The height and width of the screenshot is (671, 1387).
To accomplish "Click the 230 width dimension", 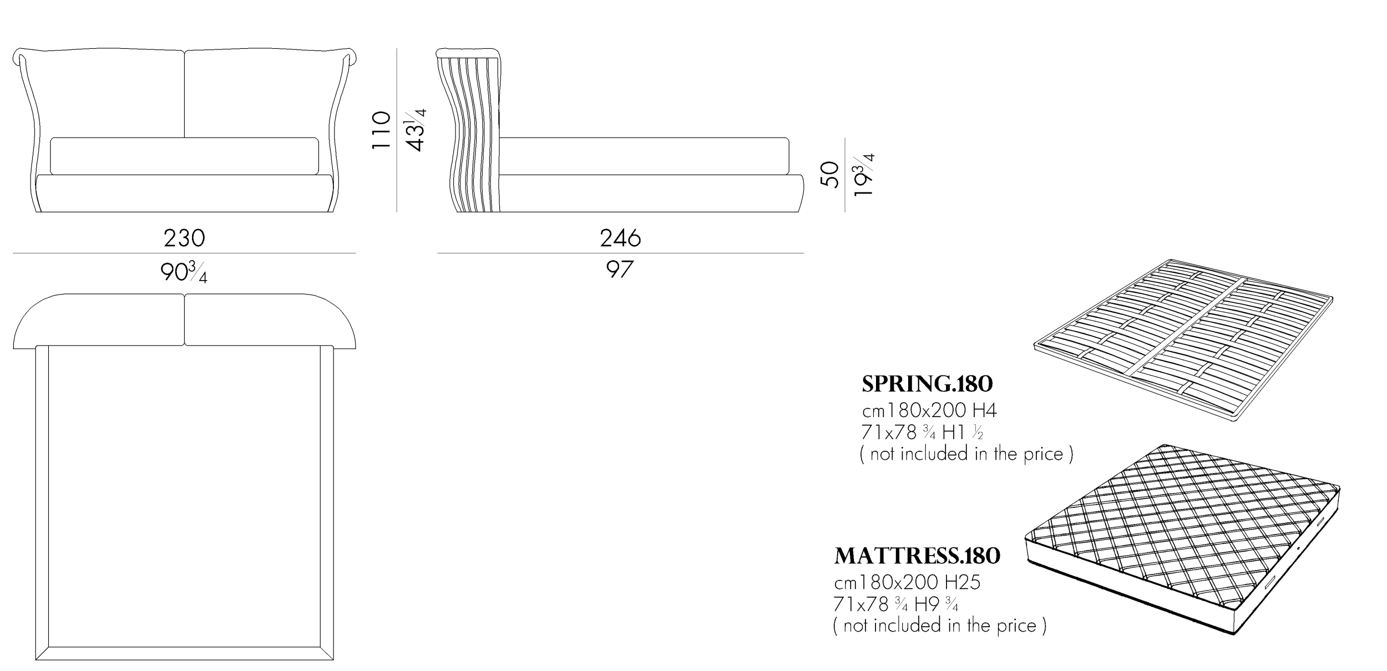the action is pyautogui.click(x=184, y=238).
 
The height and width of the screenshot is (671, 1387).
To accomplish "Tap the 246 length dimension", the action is pyautogui.click(x=620, y=238).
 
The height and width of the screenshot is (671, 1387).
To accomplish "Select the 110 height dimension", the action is pyautogui.click(x=381, y=129).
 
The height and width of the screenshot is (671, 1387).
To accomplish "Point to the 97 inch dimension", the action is pyautogui.click(x=619, y=270).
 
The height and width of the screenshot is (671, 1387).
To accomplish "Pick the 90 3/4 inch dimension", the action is pyautogui.click(x=184, y=272).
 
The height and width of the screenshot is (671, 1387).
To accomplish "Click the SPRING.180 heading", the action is pyautogui.click(x=927, y=384).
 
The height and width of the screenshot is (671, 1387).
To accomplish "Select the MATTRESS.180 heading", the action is pyautogui.click(x=917, y=556).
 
